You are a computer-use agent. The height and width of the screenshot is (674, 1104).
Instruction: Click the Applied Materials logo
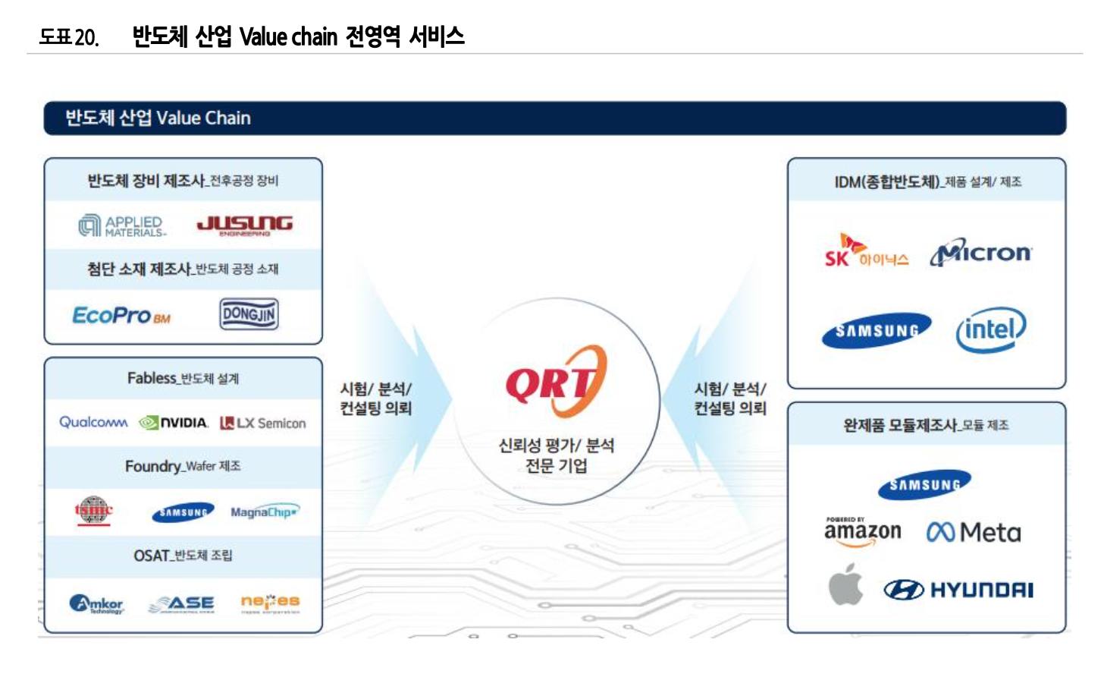click(122, 225)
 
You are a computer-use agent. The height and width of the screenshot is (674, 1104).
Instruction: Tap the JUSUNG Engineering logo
click(244, 225)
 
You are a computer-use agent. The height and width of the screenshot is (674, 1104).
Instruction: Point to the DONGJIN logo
click(249, 314)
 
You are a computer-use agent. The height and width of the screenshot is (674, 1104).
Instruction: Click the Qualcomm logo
click(93, 422)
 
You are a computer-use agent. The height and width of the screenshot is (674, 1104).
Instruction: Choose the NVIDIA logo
click(174, 423)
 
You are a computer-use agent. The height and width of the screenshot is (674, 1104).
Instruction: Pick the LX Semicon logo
click(263, 423)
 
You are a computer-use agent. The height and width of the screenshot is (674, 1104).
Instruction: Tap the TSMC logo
click(93, 511)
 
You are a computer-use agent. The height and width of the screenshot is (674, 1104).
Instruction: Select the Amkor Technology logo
click(96, 604)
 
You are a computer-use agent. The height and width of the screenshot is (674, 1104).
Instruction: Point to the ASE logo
click(182, 604)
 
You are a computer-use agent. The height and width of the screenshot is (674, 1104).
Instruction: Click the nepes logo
click(270, 603)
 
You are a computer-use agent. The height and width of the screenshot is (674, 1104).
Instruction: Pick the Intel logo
click(990, 329)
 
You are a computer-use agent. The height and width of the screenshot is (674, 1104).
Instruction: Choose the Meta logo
click(974, 532)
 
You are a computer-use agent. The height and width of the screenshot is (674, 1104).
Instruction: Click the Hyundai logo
click(958, 590)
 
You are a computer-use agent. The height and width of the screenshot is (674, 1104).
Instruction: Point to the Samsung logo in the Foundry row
click(183, 512)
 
